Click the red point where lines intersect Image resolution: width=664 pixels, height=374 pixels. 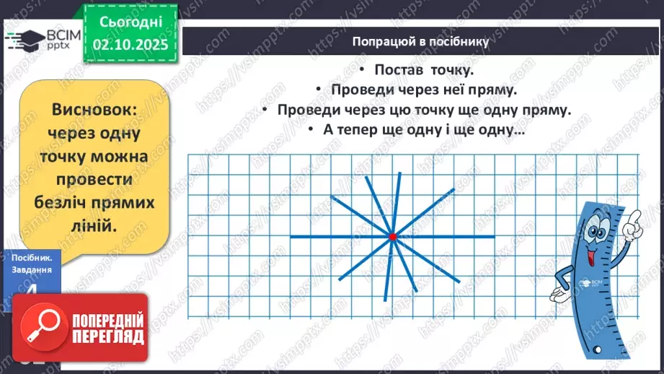coord(392,236)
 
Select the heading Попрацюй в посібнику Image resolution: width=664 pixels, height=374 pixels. coord(420,41)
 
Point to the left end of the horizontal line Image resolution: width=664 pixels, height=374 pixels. coord(291,236)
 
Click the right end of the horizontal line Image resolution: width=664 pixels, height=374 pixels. coord(495,236)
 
